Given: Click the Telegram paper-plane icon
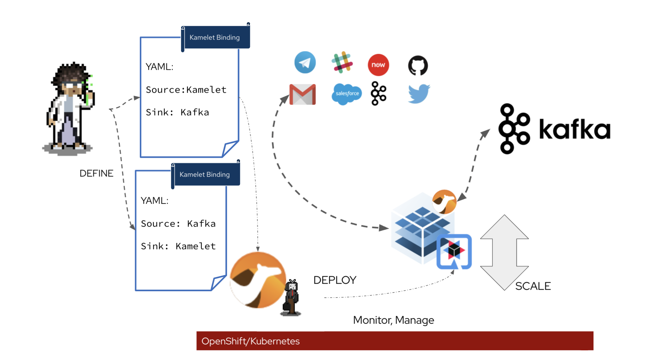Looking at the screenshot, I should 305,62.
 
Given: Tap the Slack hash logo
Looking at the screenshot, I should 342,62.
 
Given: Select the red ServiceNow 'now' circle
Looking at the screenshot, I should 378,65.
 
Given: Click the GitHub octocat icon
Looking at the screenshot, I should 418,65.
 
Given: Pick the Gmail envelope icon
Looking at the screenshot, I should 302,94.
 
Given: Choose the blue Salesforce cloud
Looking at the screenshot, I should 347,94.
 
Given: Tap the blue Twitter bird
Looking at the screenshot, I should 419,94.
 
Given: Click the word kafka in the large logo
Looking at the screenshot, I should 575,129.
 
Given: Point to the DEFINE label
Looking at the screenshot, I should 96,173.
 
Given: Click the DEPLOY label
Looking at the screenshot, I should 335,280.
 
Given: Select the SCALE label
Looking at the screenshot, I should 533,286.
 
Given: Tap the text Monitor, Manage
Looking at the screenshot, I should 393,320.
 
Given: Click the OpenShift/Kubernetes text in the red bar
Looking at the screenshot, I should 251,341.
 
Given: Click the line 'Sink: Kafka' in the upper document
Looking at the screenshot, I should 177,112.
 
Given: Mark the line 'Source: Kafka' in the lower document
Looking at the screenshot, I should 178,224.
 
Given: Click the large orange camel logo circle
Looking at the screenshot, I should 258,280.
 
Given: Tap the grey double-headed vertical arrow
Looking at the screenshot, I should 504,252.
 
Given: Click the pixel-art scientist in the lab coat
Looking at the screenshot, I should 70,106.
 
